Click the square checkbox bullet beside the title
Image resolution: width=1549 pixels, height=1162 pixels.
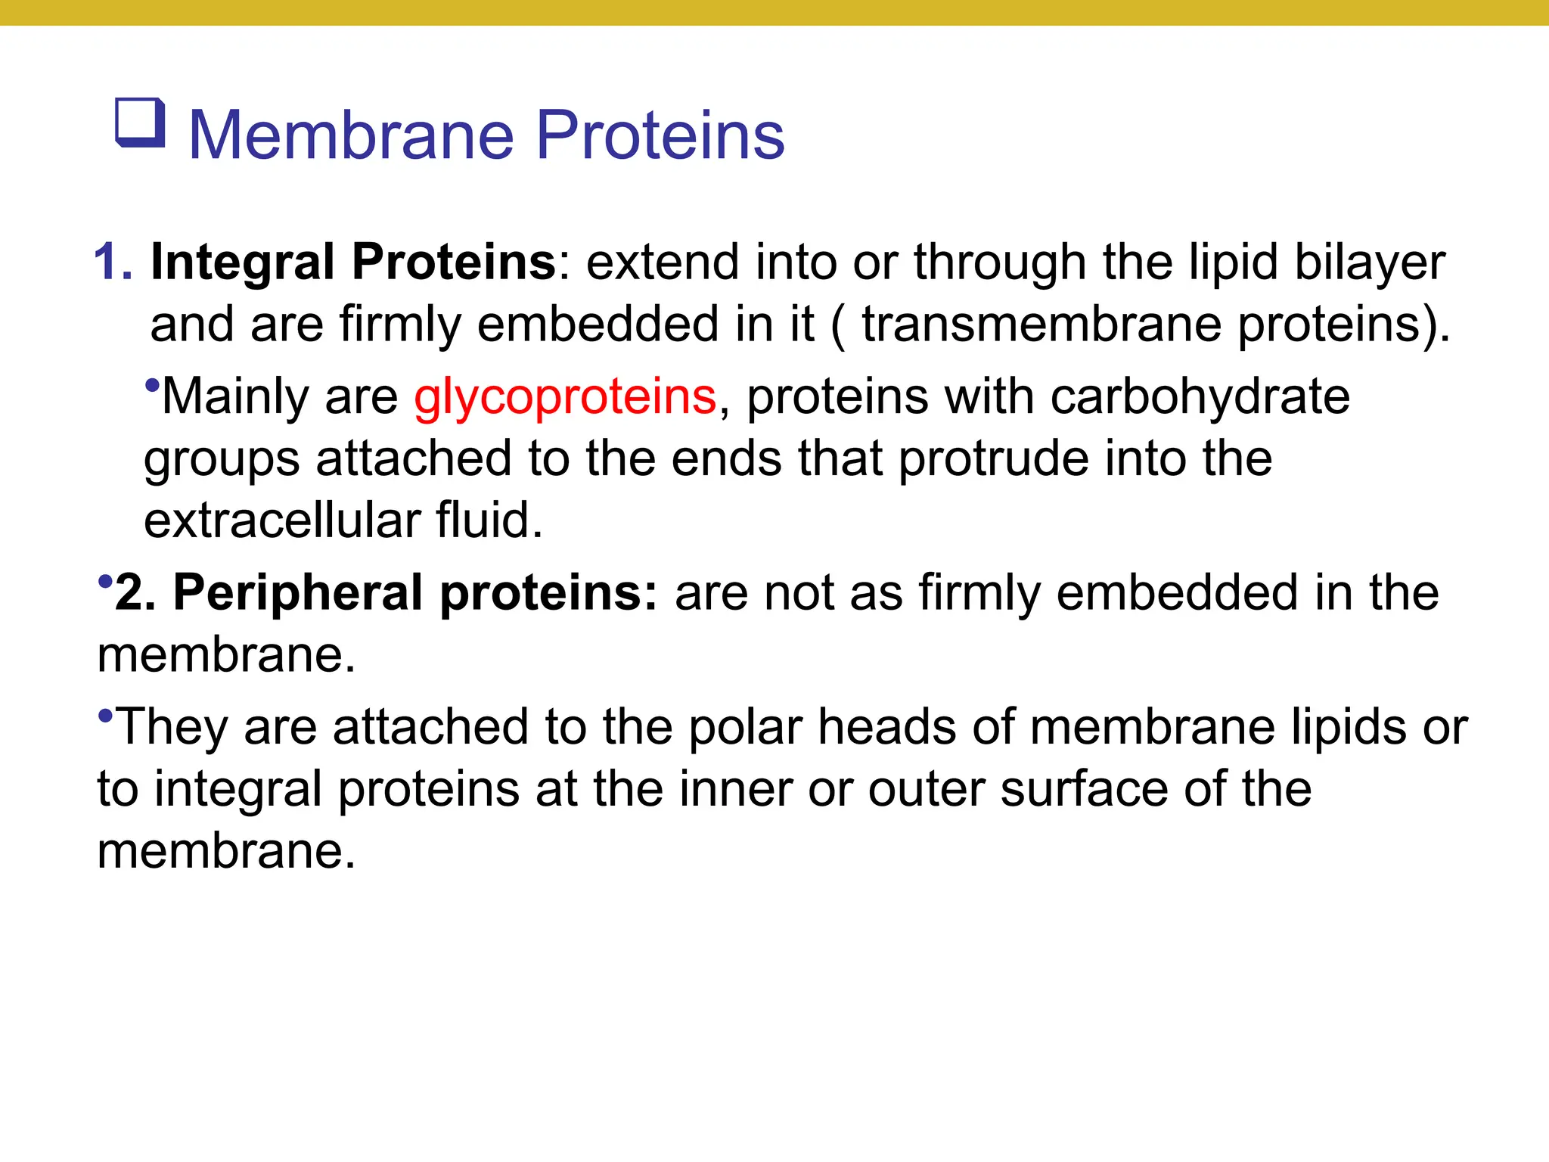140,123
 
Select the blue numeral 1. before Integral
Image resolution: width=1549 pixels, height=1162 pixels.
113,263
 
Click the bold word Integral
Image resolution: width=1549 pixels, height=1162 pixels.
242,263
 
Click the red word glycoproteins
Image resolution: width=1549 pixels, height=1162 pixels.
564,397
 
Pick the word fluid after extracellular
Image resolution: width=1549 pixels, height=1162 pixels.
489,520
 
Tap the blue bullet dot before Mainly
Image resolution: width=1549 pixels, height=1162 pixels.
152,385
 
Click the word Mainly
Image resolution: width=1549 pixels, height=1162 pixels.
235,397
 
